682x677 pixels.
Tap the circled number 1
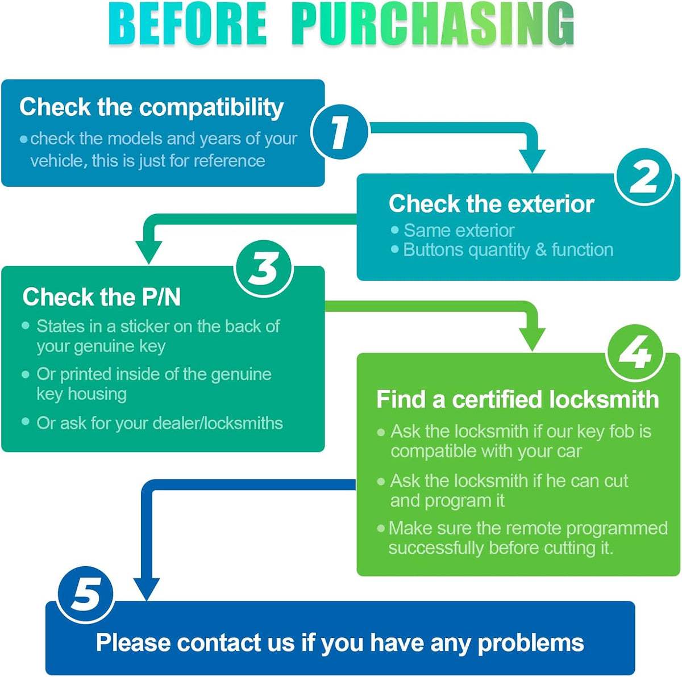pos(340,132)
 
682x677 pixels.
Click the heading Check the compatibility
pos(152,107)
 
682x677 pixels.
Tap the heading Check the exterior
pos(491,204)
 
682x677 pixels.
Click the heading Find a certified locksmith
pos(517,399)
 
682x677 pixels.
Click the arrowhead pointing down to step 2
pos(532,161)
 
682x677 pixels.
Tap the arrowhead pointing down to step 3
pos(149,253)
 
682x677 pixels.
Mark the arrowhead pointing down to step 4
pos(532,340)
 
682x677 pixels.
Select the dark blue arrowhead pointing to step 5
pos(147,590)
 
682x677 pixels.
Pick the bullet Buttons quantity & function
pos(502,250)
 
